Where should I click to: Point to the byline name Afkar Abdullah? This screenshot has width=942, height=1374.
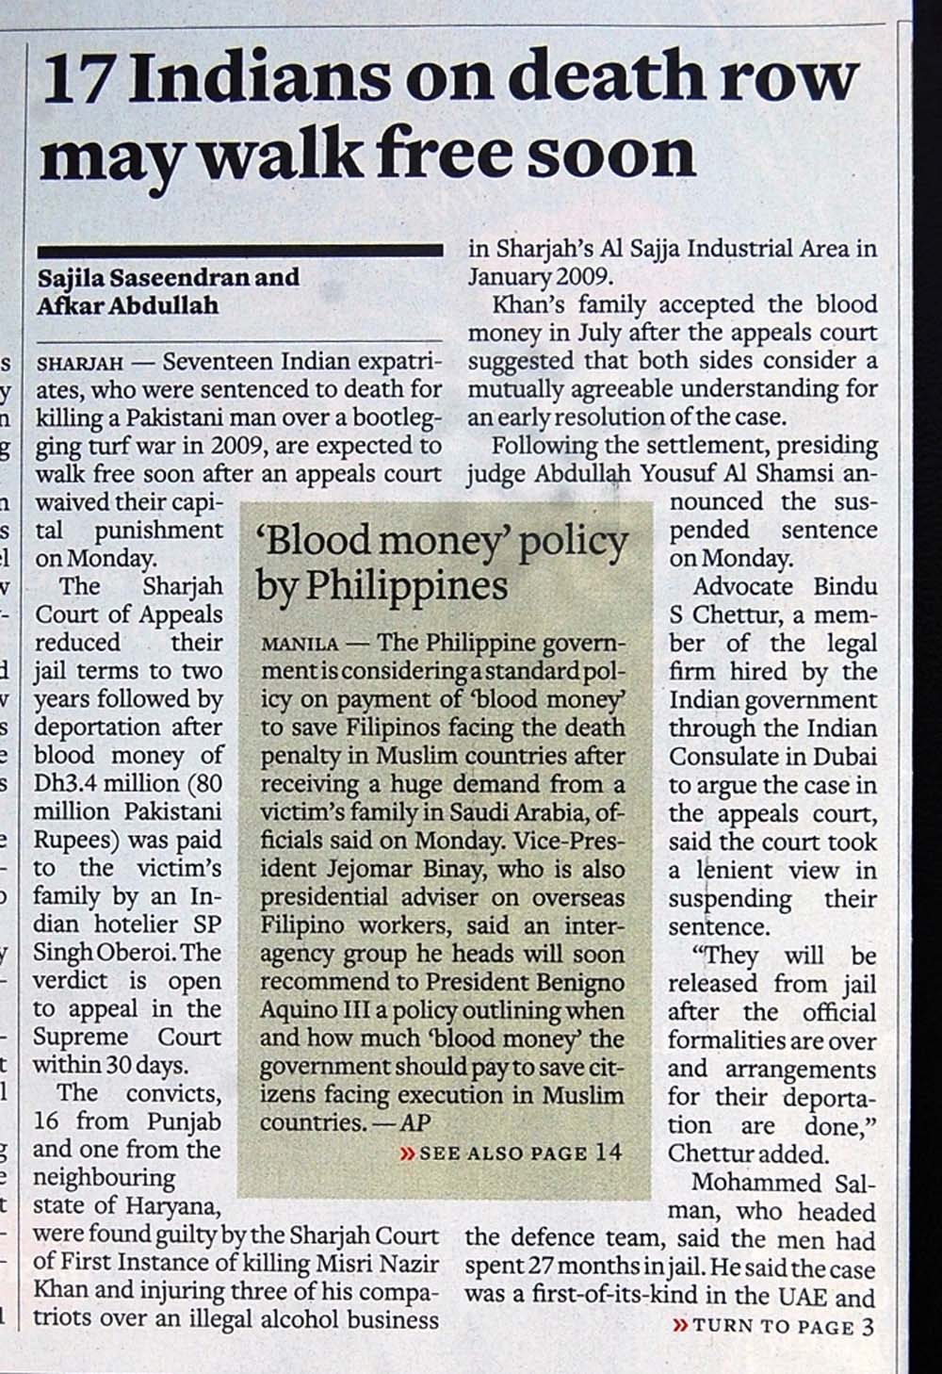[x=127, y=305]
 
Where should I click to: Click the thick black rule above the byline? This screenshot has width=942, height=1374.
[x=239, y=251]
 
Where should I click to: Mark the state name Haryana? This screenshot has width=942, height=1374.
[x=176, y=1206]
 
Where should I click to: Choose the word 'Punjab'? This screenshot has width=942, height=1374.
[x=184, y=1121]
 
